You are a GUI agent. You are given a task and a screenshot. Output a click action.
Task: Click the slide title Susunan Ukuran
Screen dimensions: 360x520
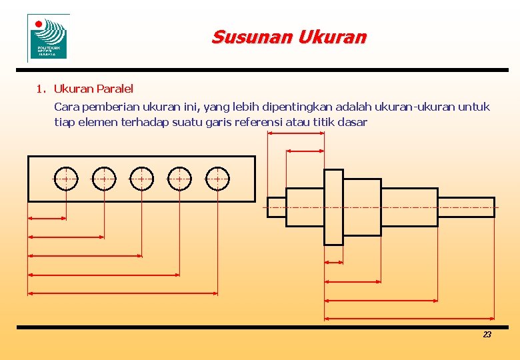289,37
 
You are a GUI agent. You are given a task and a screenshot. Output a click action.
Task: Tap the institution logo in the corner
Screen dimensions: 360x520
49,38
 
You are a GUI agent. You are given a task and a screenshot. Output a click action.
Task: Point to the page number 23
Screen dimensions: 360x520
487,335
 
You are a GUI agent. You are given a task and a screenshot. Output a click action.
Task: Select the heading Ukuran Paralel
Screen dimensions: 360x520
93,89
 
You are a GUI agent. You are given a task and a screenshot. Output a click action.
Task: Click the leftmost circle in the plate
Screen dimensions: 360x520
66,179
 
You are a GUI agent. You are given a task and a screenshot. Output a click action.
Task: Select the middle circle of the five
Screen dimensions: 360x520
141,179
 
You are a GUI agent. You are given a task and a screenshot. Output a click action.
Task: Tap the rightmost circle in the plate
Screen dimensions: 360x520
217,179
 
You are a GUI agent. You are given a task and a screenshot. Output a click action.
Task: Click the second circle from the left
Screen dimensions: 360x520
104,179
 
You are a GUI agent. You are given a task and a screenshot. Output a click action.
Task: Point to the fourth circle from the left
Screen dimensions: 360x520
179,179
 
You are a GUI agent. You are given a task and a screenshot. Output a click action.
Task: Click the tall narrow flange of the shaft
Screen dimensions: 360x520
333,207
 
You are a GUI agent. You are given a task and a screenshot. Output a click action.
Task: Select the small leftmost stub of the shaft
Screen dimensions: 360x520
277,207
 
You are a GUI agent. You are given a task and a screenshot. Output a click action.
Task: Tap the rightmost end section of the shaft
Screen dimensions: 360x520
466,207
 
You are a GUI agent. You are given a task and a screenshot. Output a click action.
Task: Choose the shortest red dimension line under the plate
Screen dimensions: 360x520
47,217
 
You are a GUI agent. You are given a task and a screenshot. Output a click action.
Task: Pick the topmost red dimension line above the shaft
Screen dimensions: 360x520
295,133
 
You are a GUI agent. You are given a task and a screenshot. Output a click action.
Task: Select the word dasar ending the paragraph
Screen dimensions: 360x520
353,122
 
